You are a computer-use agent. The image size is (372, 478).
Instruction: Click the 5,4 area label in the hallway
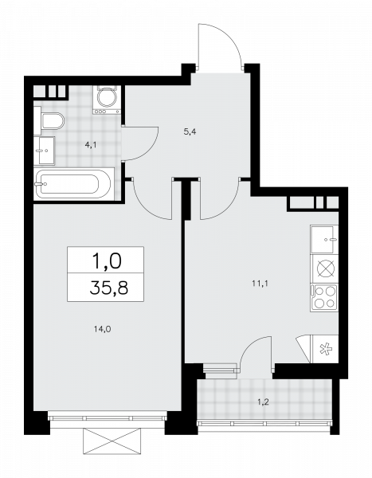(x=190, y=132)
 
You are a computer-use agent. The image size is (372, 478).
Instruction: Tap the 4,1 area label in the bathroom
(x=91, y=145)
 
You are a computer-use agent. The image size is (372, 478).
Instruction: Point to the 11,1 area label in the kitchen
(x=260, y=284)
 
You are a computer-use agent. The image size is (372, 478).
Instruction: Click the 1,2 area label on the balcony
(x=263, y=402)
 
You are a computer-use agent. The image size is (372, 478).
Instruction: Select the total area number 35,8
(x=109, y=288)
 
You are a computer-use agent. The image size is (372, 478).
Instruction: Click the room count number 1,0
(x=107, y=261)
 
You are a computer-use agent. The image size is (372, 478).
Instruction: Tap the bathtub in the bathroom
(x=73, y=184)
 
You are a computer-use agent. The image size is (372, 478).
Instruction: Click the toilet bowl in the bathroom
(x=52, y=121)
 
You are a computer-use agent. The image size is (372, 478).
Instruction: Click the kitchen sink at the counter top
(x=324, y=240)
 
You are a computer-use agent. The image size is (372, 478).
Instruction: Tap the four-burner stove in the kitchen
(x=324, y=297)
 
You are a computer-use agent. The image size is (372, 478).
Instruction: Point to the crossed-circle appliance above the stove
(x=326, y=269)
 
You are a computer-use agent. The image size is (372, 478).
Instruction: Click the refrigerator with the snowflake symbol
(x=324, y=349)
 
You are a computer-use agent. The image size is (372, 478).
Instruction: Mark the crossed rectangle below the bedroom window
(x=112, y=441)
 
